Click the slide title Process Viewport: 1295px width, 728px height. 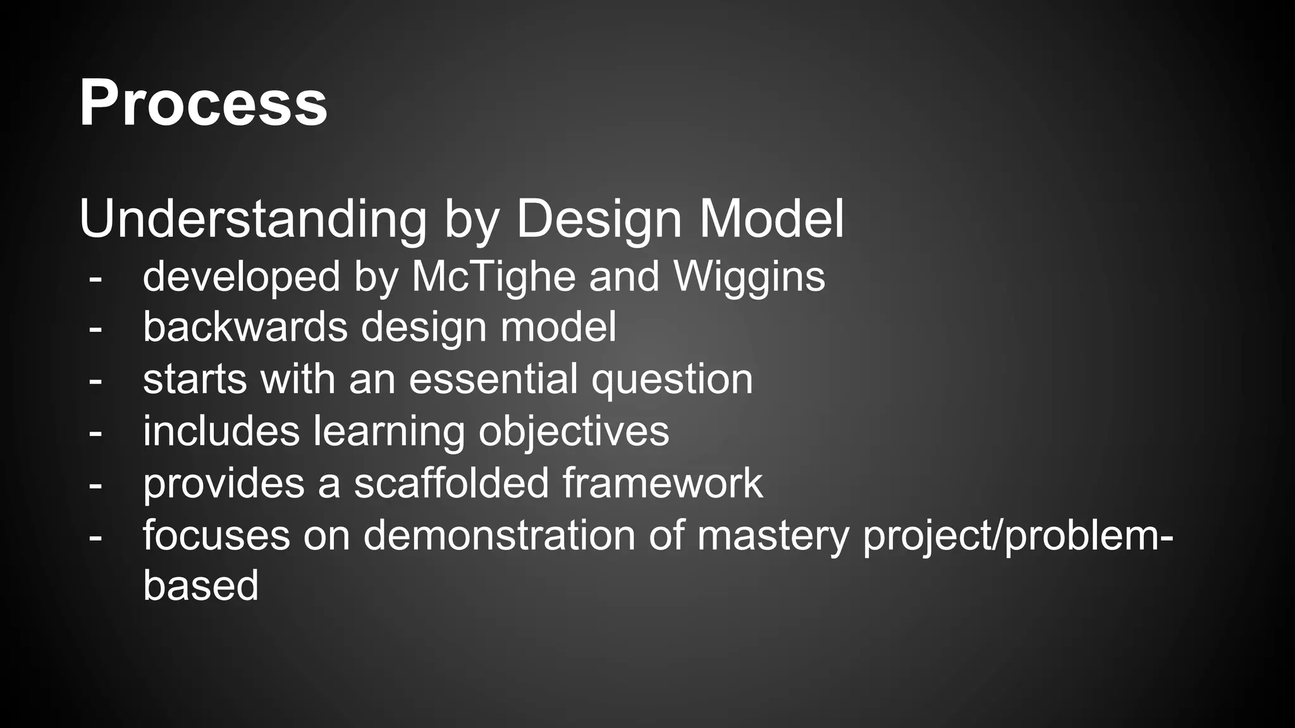(203, 103)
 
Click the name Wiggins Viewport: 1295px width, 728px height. (749, 277)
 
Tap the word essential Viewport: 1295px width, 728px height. (493, 379)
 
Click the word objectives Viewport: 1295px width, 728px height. (574, 432)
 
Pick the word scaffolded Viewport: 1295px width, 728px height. (451, 483)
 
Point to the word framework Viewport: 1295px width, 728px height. (663, 483)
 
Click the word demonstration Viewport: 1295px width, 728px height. (499, 535)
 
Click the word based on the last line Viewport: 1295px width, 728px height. (200, 585)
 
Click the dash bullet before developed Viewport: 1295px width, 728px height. (95, 277)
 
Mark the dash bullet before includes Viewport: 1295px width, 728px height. (95, 433)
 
